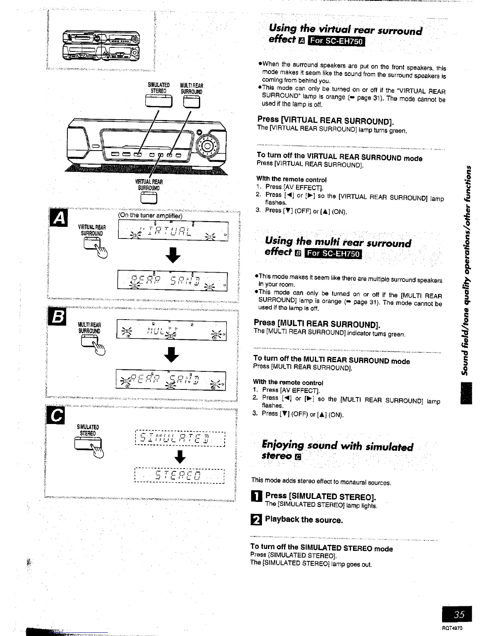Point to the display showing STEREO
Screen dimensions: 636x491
coord(179,477)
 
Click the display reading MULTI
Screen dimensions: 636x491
coord(171,330)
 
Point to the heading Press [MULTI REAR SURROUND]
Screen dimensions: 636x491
coord(317,324)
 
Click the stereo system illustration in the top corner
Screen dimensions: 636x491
coord(101,46)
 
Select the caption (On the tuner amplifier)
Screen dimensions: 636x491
coord(150,216)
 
